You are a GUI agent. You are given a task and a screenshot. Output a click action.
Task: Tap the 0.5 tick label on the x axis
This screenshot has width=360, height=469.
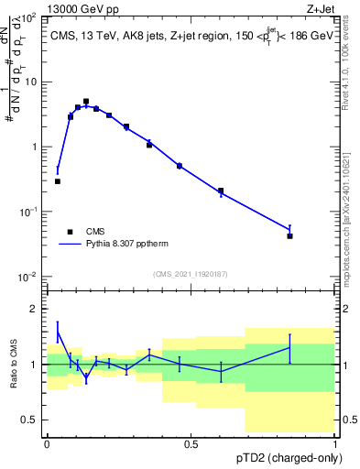[x=191, y=444]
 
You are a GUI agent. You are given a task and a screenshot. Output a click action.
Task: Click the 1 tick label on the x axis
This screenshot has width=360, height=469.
[x=335, y=444]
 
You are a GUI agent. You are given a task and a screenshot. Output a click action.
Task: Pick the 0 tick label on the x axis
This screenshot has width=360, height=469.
[x=47, y=444]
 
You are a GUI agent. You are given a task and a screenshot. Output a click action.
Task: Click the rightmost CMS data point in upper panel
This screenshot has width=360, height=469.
[x=289, y=235]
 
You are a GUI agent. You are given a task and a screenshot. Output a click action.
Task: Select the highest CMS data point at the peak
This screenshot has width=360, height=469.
[x=86, y=102]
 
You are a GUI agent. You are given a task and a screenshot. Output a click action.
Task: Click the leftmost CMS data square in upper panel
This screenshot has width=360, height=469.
[x=58, y=181]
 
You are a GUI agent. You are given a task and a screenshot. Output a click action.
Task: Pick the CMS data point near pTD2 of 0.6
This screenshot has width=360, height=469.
[x=221, y=191]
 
